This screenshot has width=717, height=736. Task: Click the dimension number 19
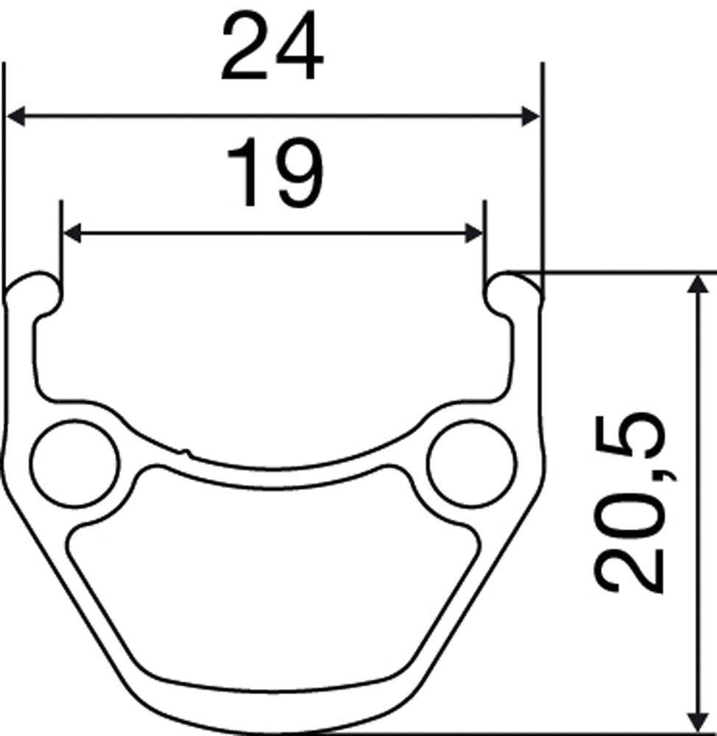(274, 174)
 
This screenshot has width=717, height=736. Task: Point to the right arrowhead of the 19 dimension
(473, 233)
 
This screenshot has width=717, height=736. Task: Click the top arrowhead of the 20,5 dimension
(694, 283)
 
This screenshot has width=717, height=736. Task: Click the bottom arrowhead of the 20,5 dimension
(694, 721)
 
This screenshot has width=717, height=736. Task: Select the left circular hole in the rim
(75, 464)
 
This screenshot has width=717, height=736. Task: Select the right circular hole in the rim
(472, 464)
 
